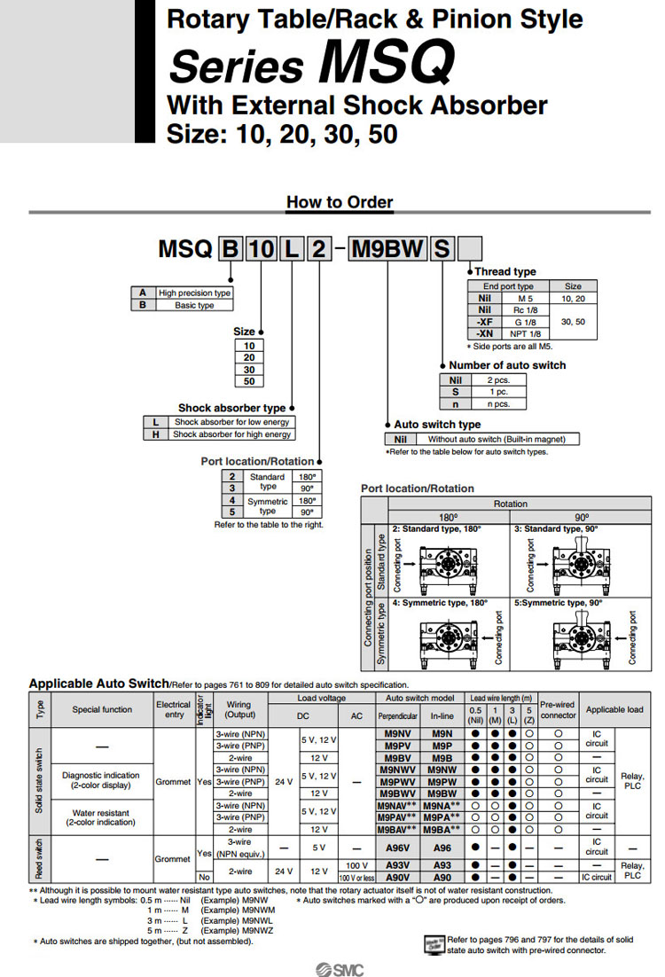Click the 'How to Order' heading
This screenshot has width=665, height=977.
tap(339, 202)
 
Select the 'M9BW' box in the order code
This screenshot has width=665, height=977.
tap(387, 249)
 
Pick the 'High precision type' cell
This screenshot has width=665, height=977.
tap(194, 293)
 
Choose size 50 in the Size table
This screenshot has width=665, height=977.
tap(249, 381)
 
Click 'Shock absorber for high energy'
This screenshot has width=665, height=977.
tap(231, 434)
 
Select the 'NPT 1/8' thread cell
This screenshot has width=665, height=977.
tap(524, 333)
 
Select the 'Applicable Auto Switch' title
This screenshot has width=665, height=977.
tap(98, 684)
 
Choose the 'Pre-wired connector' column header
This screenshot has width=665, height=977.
tap(558, 709)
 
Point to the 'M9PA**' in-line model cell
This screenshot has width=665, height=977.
tap(442, 817)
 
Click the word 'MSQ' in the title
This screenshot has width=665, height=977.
tap(386, 64)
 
